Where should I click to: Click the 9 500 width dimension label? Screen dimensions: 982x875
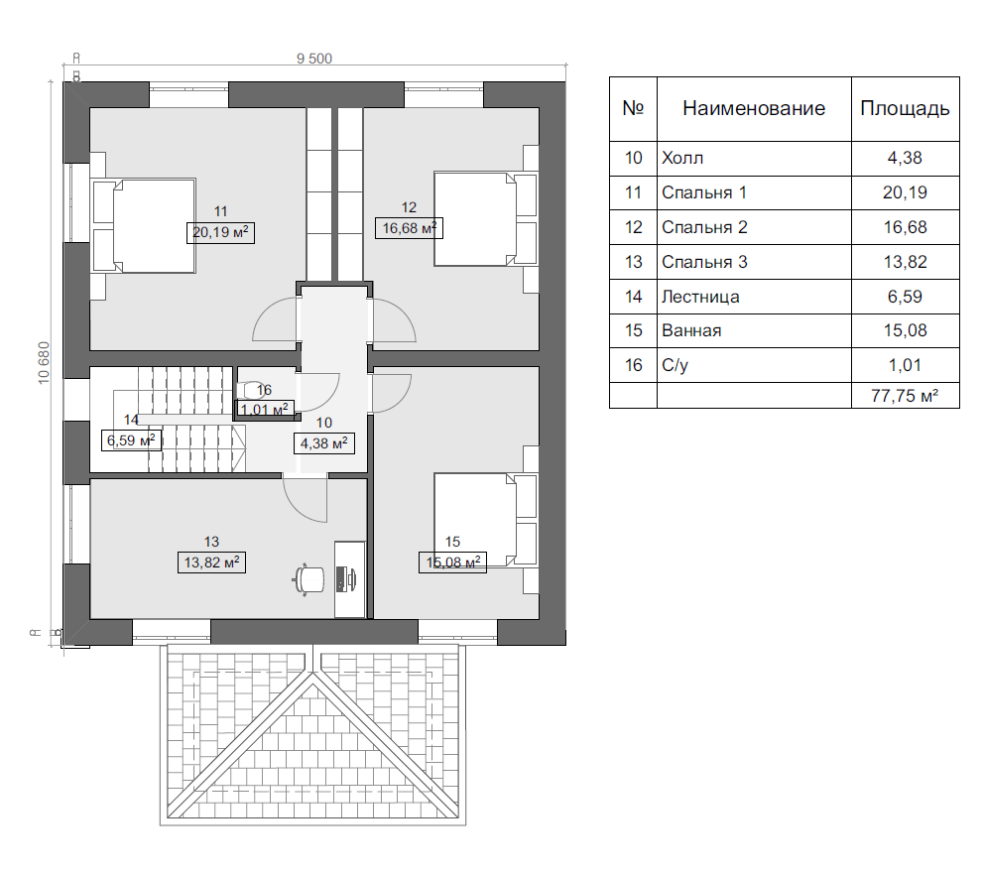point(314,59)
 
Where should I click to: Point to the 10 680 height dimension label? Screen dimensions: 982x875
point(44,363)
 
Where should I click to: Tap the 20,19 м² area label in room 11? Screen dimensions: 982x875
point(220,232)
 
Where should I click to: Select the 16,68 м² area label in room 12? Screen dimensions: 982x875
point(409,228)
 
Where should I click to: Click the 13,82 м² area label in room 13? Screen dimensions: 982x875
point(211,562)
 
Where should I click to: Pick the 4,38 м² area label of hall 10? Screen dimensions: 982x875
point(323,443)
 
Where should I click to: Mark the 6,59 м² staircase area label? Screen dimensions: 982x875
point(131,440)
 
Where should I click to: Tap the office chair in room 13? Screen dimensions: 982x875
point(308,580)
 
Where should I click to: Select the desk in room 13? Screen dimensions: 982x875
point(350,579)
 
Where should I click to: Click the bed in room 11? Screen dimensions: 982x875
point(144,225)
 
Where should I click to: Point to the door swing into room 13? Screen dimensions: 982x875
point(305,500)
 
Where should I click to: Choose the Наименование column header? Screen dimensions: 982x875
point(754,108)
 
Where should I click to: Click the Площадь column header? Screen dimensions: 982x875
point(905,108)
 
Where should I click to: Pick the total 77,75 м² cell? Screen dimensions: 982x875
point(905,396)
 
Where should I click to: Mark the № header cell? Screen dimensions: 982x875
point(633,108)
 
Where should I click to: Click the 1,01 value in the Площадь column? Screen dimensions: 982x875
point(905,365)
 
